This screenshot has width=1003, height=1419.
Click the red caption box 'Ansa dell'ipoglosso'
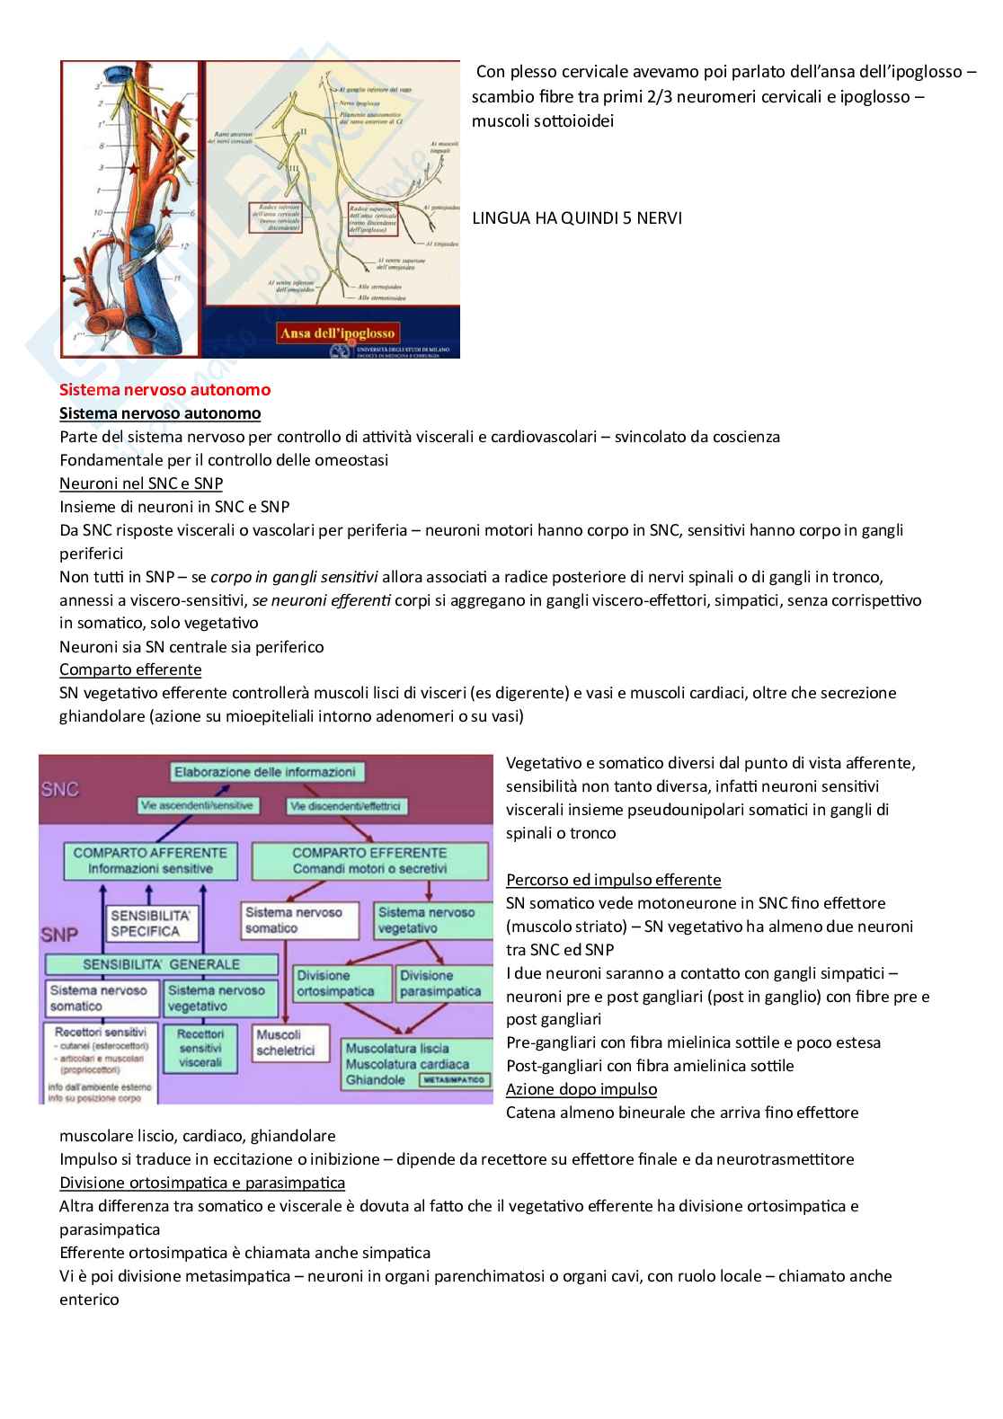(337, 333)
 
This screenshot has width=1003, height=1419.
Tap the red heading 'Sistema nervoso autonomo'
(164, 390)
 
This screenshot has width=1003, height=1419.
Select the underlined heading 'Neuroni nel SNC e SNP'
(141, 483)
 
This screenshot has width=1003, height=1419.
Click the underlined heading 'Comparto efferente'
(130, 670)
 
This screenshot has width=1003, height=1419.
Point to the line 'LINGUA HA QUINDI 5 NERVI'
(576, 218)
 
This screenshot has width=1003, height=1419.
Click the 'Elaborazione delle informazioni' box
(264, 772)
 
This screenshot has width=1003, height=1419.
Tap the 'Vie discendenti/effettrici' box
(345, 806)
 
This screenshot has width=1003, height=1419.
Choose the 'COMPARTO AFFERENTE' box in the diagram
(150, 860)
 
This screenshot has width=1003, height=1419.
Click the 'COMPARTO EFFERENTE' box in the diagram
(369, 860)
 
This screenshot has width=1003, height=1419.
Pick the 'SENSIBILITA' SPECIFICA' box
(149, 923)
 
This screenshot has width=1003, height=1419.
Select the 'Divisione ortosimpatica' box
(335, 983)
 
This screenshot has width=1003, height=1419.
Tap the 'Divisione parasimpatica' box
(440, 983)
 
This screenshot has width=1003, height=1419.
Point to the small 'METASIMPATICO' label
(454, 1080)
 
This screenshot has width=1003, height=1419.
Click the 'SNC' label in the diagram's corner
(60, 789)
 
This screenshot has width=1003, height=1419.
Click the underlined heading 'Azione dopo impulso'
(581, 1089)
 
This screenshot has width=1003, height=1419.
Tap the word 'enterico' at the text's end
(89, 1299)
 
